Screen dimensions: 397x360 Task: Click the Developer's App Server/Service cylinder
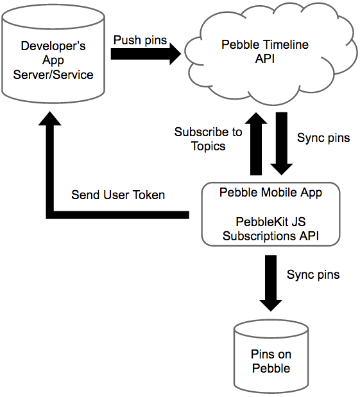coord(53,61)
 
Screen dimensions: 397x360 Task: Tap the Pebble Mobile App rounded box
coord(270,213)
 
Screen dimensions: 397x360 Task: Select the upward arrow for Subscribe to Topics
coord(255,144)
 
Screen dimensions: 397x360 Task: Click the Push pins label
coord(140,40)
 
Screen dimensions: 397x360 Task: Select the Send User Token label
coord(118,195)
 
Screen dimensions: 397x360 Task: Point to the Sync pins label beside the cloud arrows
coord(323,137)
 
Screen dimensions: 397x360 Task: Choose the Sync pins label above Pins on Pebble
coord(313,274)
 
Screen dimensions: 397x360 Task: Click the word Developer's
coord(53,46)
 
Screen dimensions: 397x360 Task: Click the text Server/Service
coord(53,75)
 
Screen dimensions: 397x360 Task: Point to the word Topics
coord(208,146)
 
